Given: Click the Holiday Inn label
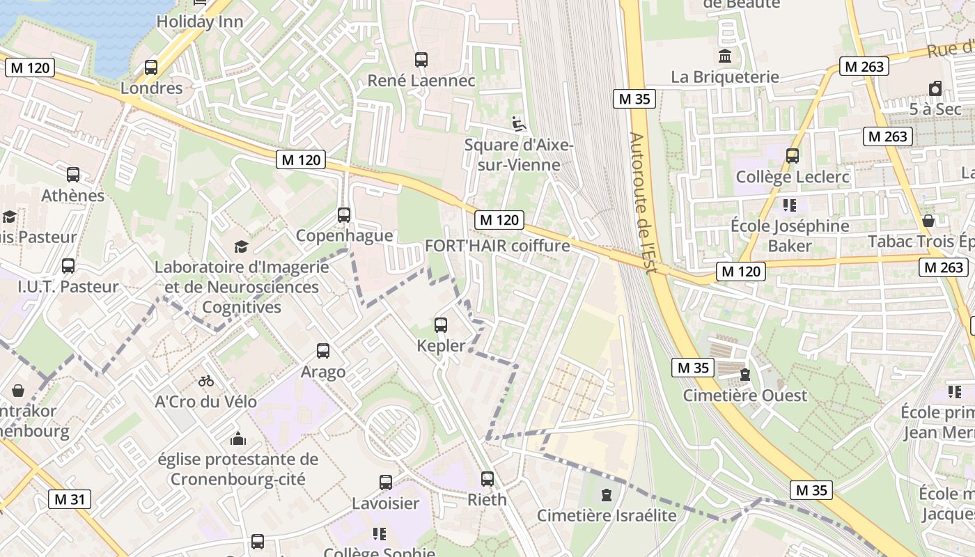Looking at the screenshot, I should [x=200, y=22].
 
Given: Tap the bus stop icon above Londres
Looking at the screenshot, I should [x=151, y=68].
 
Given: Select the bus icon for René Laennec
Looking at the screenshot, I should [x=421, y=60].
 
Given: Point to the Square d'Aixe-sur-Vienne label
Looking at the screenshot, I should [x=518, y=155].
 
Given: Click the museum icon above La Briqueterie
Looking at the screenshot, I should [x=725, y=56].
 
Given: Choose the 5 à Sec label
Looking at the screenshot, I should [x=935, y=109].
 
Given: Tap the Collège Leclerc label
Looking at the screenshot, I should [x=793, y=177].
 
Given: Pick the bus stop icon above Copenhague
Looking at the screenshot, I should [x=344, y=214].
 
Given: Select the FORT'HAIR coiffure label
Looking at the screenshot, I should [x=497, y=246].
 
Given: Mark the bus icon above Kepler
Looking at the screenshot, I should [x=441, y=324].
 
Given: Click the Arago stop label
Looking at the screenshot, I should [x=323, y=372].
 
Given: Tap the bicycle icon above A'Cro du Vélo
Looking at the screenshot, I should [x=206, y=381].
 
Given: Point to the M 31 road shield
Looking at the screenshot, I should [x=70, y=499].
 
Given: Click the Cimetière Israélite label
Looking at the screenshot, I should [x=607, y=516].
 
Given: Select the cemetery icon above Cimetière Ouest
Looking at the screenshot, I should [x=745, y=375].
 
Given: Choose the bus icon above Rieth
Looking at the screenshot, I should [x=487, y=479].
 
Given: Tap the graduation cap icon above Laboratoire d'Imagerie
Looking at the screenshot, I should [x=241, y=246].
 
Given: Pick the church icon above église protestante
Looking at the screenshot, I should [x=238, y=439].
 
